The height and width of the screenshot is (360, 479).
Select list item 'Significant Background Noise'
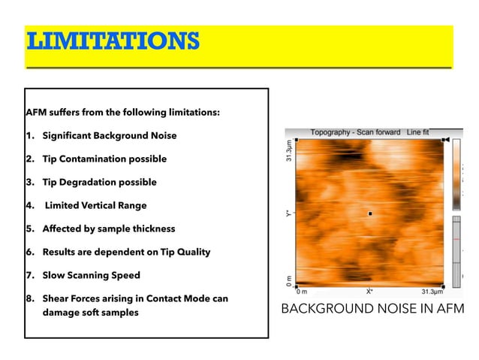[x=111, y=136]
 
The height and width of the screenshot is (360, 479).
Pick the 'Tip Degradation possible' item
[x=99, y=183]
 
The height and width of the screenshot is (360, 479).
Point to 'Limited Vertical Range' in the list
[x=96, y=206]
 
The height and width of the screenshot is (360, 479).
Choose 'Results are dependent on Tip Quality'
[x=126, y=253]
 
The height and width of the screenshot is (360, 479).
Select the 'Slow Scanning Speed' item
[x=91, y=276]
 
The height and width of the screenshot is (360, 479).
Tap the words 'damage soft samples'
[x=90, y=313]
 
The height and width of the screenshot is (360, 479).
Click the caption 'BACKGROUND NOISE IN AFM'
[x=372, y=309]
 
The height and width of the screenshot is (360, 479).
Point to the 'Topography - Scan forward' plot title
[x=356, y=132]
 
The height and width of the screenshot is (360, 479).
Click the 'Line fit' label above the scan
[x=417, y=132]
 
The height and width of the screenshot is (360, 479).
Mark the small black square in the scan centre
[x=370, y=213]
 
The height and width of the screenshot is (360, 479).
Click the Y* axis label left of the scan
[x=288, y=213]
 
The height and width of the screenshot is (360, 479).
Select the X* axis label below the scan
[x=369, y=292]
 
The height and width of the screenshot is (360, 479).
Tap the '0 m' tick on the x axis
[x=302, y=292]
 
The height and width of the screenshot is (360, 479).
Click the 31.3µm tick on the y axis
[x=288, y=154]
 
